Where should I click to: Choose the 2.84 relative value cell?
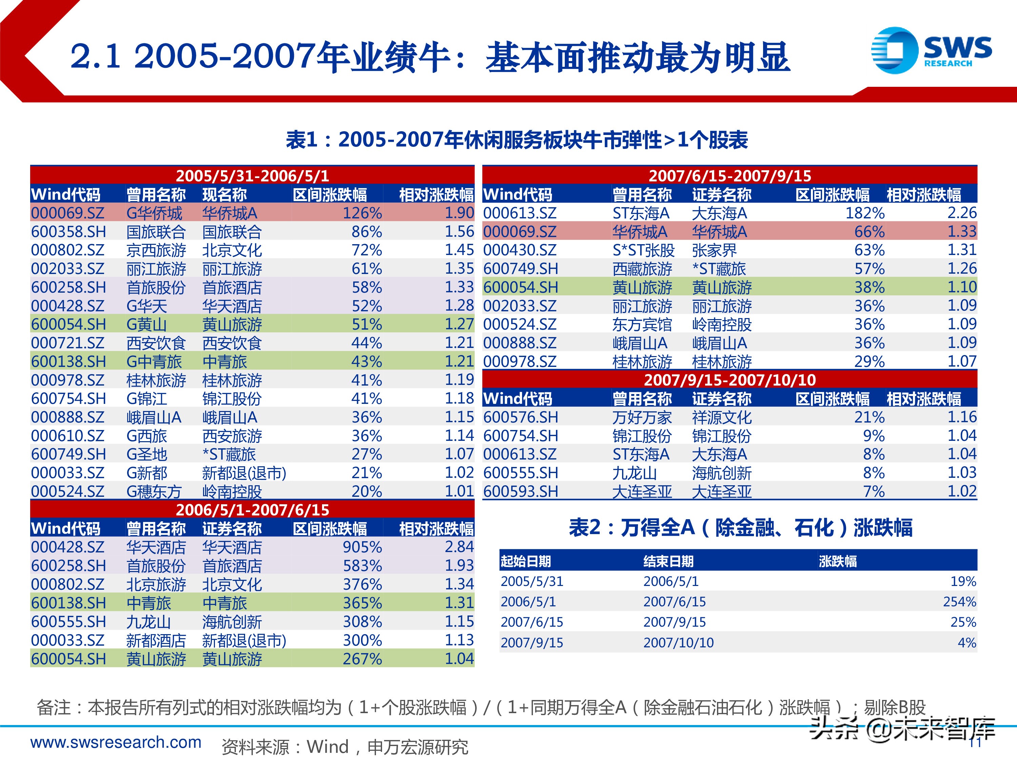(x=459, y=547)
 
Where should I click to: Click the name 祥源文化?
(x=721, y=417)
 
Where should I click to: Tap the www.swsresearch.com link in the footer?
(x=116, y=742)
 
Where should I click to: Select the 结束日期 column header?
(x=668, y=561)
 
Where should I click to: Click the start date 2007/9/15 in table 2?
(x=532, y=643)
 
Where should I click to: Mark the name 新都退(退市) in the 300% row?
(x=244, y=640)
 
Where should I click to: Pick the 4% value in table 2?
(x=966, y=643)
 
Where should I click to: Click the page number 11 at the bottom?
(x=975, y=743)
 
